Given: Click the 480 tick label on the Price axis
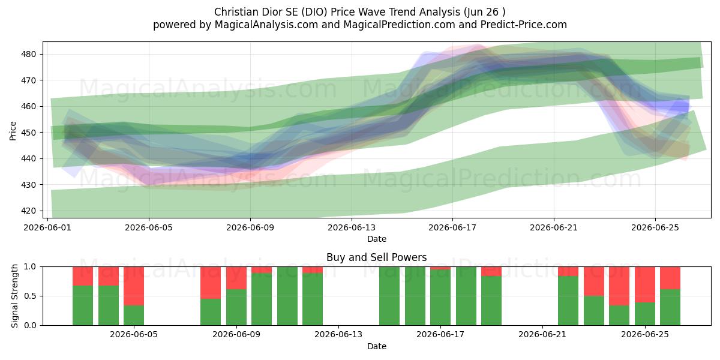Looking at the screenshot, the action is (x=28, y=54).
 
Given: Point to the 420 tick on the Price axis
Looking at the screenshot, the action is (x=28, y=211).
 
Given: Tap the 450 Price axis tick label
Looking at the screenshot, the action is (x=28, y=133).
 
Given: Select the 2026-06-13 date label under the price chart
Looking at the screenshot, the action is (x=352, y=227).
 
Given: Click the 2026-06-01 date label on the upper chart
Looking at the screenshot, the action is (x=47, y=227).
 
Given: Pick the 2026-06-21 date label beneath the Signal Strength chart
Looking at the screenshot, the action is (x=542, y=334).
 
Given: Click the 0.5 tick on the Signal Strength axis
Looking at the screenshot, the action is (x=30, y=296).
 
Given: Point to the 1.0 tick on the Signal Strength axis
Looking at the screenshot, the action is (x=30, y=267).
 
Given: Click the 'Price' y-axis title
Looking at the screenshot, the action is (x=13, y=131).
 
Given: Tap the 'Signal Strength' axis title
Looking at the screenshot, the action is (x=14, y=296).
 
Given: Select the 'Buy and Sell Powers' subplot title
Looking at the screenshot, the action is (x=376, y=257).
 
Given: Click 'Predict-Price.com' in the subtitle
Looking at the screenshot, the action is (x=524, y=25).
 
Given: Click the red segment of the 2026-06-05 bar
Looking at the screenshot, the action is (x=134, y=286).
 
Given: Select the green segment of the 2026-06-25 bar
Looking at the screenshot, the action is (x=645, y=314).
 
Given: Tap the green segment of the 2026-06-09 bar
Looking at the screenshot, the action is (x=236, y=307).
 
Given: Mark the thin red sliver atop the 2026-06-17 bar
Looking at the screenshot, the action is (x=440, y=268).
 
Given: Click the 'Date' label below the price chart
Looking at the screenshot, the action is (x=377, y=239).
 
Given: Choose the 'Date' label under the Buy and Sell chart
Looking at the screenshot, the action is (x=377, y=346).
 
